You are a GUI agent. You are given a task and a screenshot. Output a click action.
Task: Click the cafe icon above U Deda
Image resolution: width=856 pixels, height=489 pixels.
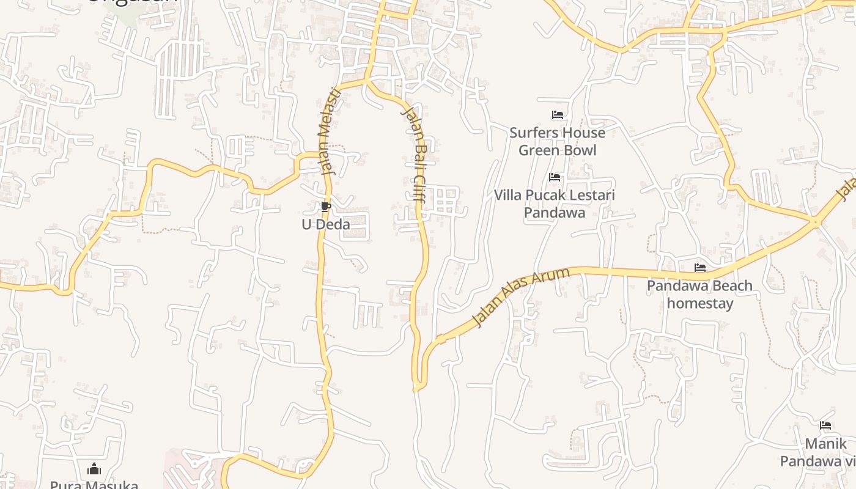[x=325, y=207]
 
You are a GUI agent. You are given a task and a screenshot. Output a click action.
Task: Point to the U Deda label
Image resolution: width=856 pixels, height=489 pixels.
[x=326, y=224]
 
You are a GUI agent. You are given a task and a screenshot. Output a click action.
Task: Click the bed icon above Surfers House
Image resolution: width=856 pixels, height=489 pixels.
[x=557, y=114]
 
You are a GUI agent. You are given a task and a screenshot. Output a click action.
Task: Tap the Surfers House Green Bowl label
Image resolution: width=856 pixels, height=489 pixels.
[x=557, y=141]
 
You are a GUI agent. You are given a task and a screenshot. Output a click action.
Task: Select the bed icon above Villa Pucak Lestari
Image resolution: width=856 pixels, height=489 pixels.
[x=555, y=177]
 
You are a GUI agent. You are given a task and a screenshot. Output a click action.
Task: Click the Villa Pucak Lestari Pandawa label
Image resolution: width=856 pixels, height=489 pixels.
[x=555, y=204]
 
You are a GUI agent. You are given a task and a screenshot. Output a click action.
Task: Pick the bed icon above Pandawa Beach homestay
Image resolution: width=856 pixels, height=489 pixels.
[x=700, y=268]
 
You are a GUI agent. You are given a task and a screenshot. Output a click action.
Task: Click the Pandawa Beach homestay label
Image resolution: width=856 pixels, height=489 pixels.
[x=700, y=294]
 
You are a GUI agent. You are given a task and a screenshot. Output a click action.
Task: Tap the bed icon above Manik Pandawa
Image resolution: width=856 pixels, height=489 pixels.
[x=825, y=425]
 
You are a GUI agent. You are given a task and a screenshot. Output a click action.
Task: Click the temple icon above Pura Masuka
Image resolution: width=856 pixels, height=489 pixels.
[x=94, y=469]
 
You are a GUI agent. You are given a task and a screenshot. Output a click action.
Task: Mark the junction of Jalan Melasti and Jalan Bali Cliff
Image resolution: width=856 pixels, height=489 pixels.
[x=367, y=81]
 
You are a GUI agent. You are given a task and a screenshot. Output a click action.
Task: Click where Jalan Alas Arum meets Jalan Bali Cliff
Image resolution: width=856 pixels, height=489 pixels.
[x=419, y=386]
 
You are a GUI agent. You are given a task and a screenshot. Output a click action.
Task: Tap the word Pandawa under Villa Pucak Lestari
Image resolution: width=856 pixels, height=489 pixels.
[x=555, y=213]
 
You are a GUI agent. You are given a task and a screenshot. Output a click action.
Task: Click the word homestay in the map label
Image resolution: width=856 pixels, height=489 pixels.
[x=700, y=303]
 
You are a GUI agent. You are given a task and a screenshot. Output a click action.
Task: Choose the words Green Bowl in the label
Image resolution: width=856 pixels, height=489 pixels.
[x=557, y=150]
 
